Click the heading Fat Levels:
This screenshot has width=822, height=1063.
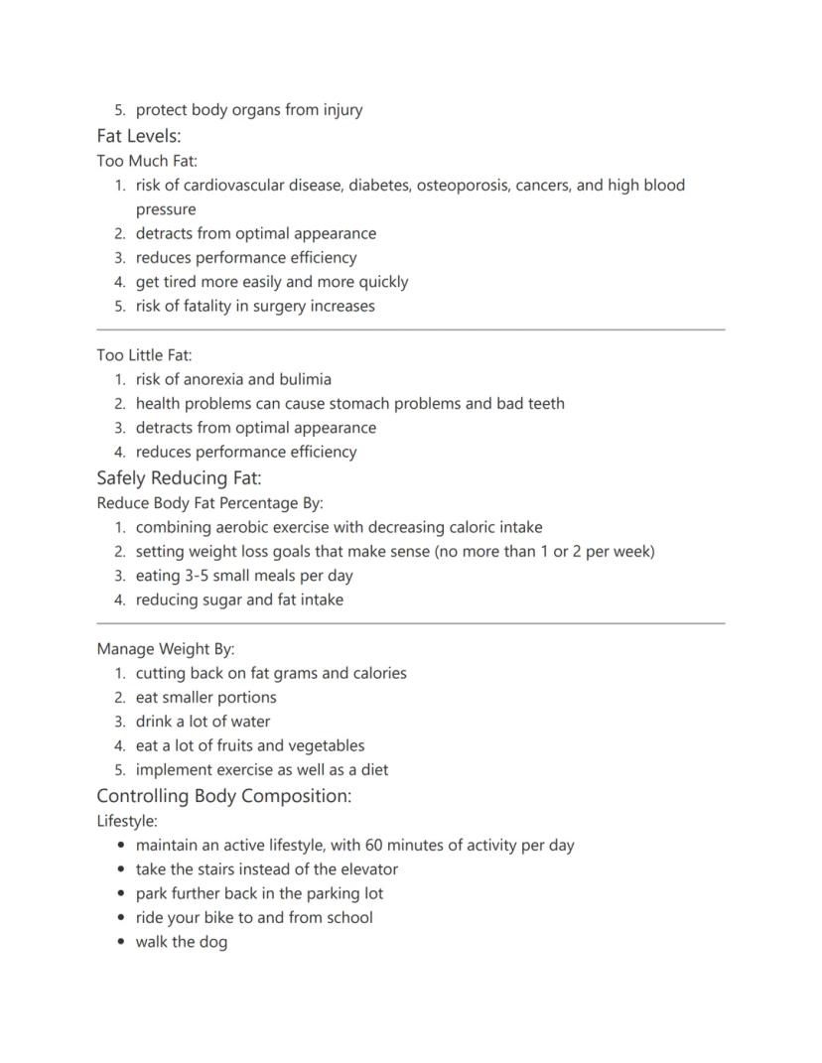pos(139,136)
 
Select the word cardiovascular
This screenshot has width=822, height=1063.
pos(233,186)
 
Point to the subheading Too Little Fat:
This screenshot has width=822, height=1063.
pos(144,355)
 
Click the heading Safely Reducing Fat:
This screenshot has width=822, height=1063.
pos(179,477)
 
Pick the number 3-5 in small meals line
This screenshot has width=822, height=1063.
pos(204,576)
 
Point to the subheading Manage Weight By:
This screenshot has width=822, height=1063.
pos(165,649)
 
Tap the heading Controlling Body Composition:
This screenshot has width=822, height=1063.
pos(223,796)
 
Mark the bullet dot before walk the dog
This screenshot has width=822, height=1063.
pos(121,943)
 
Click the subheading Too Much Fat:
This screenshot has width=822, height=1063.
pos(147,161)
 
